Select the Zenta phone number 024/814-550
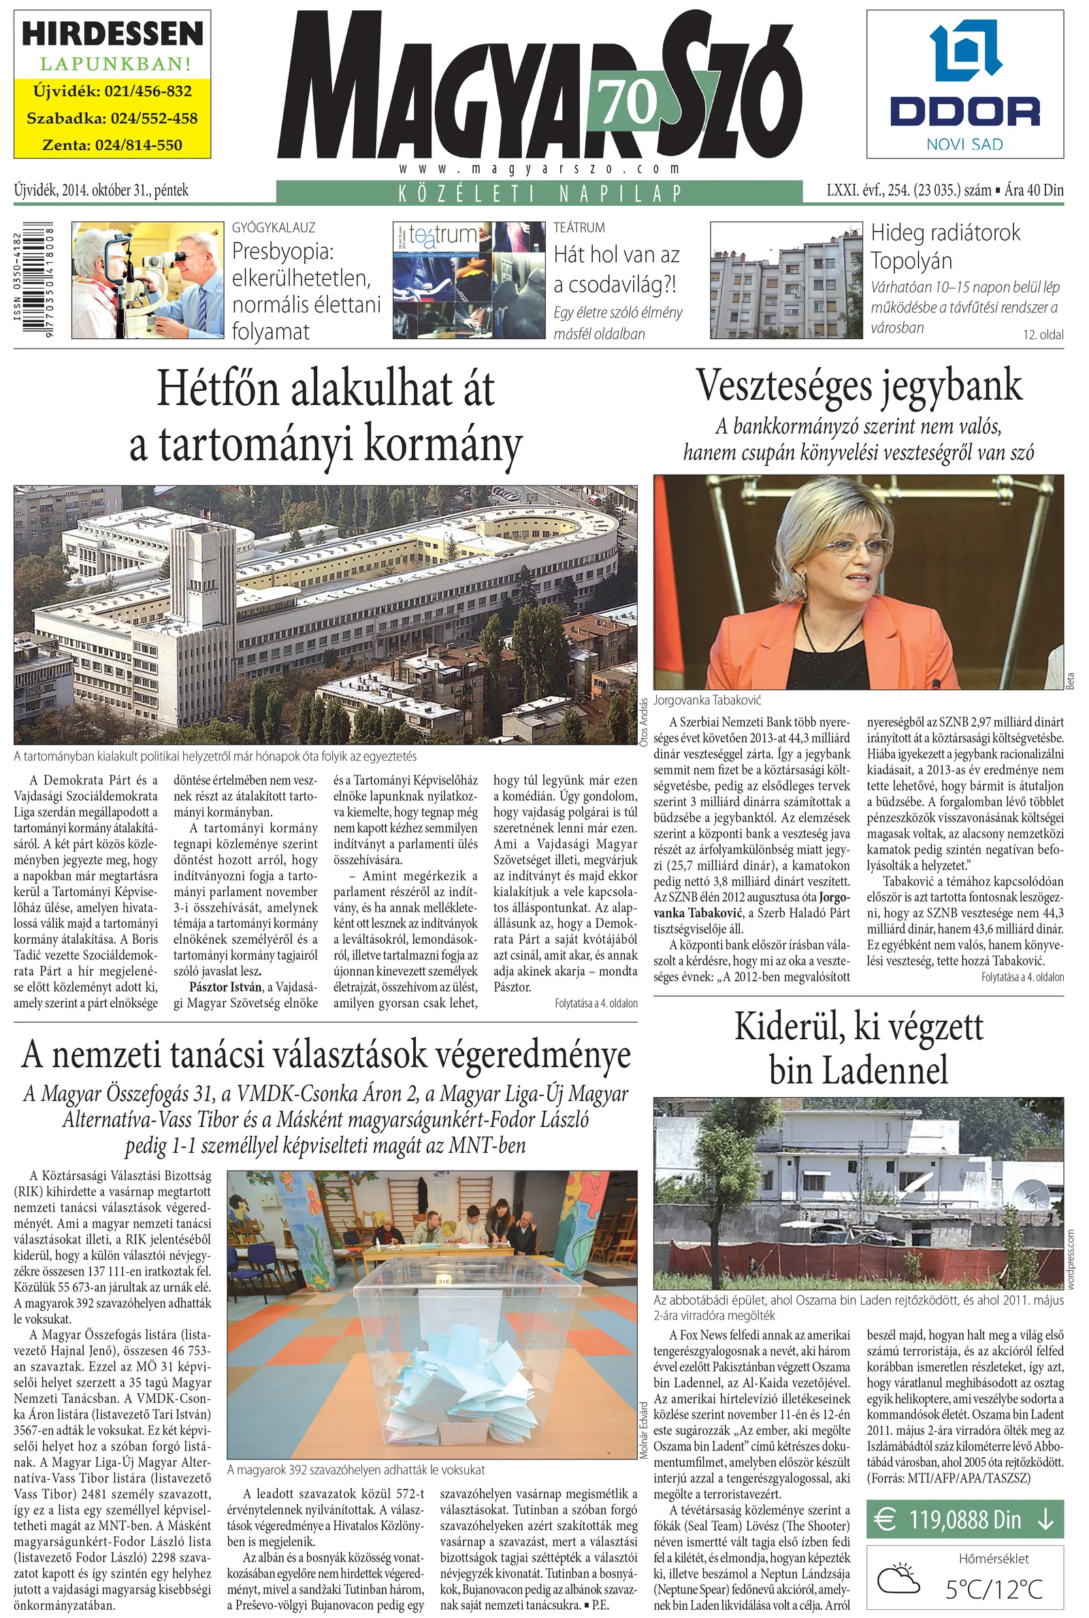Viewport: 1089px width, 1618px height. click(x=112, y=145)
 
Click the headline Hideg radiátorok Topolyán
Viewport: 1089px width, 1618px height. click(x=946, y=247)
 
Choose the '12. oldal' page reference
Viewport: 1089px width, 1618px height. click(x=1043, y=335)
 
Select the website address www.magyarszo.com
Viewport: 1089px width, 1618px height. click(x=539, y=169)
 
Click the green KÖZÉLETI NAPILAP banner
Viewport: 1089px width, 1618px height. click(x=539, y=193)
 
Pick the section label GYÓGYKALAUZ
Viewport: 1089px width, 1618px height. click(x=273, y=227)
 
